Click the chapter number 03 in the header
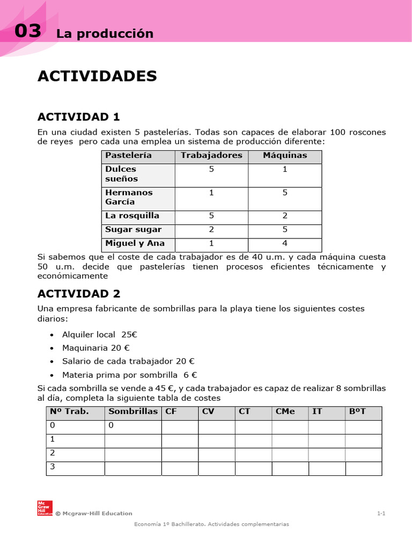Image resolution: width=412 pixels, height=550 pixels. [x=27, y=32]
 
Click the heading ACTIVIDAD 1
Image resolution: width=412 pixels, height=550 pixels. [x=79, y=117]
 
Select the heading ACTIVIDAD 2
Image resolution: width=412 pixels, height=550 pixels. [x=79, y=293]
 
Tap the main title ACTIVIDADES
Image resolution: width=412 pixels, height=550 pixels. [x=97, y=76]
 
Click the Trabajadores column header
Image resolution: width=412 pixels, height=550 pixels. [x=211, y=156]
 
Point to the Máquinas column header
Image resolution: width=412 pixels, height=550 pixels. [x=285, y=156]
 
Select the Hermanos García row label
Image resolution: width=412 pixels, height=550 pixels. [x=129, y=197]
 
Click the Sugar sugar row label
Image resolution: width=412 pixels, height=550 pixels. [x=133, y=230]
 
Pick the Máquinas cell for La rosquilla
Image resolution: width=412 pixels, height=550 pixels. [x=285, y=216]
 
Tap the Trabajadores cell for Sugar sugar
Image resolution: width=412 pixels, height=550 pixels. [x=211, y=230]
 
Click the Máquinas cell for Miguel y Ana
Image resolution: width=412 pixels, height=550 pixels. [x=285, y=243]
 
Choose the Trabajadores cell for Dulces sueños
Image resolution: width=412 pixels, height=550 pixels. [x=211, y=169]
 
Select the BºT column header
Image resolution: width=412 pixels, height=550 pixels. [x=357, y=412]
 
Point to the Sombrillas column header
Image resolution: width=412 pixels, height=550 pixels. [x=133, y=412]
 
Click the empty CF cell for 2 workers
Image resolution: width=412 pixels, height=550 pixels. [x=180, y=454]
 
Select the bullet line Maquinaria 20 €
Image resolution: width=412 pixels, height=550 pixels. [x=96, y=348]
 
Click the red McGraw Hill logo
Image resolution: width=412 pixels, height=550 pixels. [x=44, y=508]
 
